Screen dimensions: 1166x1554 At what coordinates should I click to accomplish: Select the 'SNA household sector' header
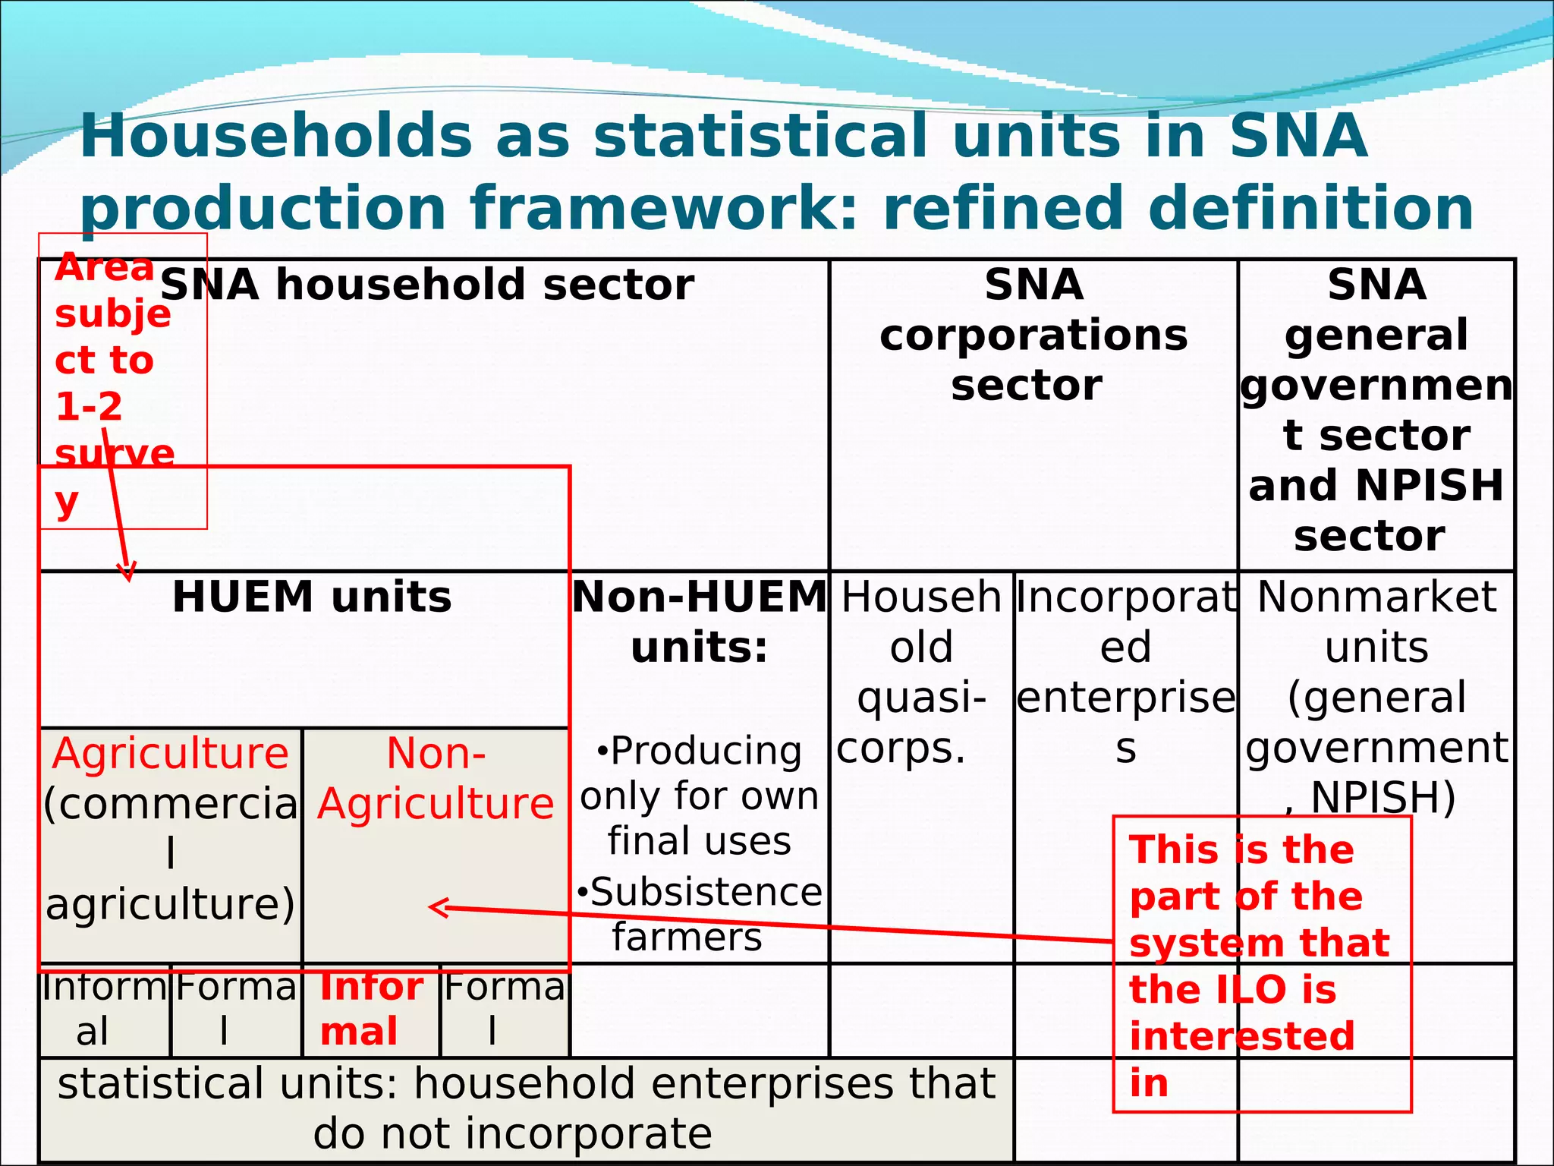[x=426, y=285]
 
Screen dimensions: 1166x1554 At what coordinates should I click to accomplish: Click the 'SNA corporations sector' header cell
[x=1033, y=335]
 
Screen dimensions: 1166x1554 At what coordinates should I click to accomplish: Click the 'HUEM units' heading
[x=312, y=597]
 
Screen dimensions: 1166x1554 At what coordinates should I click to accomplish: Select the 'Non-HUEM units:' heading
[x=699, y=622]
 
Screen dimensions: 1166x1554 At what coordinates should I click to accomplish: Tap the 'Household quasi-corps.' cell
[x=920, y=673]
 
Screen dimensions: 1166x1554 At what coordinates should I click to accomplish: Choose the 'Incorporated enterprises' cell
[x=1125, y=673]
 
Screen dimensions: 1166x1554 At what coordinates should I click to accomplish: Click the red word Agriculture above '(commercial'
[x=171, y=754]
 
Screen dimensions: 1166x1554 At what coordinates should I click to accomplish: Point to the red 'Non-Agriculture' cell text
[x=436, y=779]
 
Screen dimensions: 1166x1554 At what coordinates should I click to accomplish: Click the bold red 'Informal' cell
[x=370, y=1009]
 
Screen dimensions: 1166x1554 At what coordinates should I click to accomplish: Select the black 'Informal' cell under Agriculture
[x=103, y=1009]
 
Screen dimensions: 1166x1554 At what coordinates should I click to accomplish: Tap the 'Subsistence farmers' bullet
[x=699, y=914]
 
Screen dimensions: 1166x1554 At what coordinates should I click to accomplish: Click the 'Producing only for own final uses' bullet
[x=699, y=796]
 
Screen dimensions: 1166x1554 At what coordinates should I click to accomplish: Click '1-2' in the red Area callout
[x=89, y=407]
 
